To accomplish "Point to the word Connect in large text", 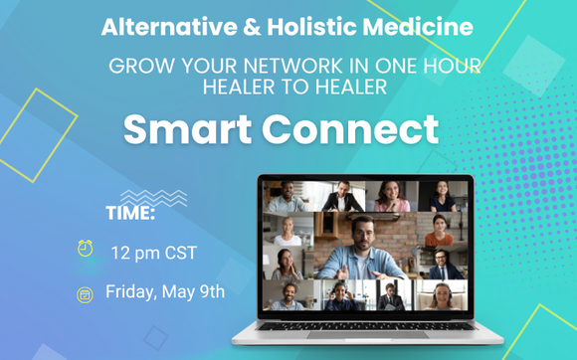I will pos(355,129).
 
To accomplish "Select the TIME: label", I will pos(130,213).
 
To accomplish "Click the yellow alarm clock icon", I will pos(86,249).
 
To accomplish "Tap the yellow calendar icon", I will pos(86,293).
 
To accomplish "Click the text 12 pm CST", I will pos(153,253).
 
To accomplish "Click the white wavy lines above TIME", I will pos(152,197).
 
